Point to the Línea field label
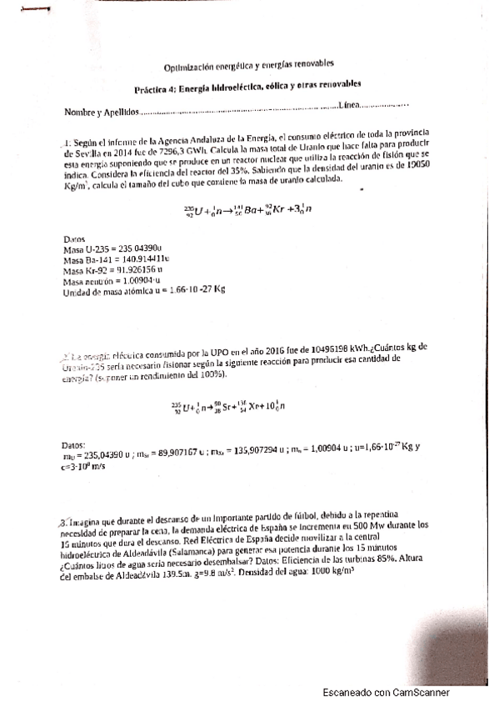[349, 105]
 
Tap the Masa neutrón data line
[111, 281]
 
